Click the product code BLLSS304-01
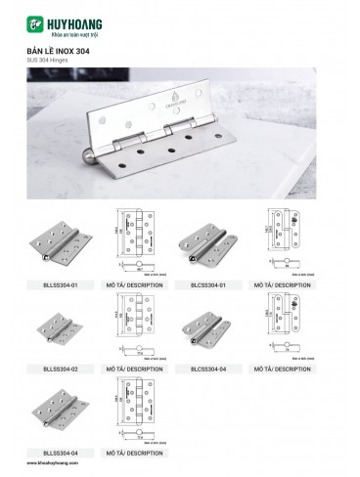[x=61, y=284]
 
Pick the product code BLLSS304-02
[x=61, y=368]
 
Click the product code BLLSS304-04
[x=61, y=453]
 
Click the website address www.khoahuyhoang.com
[x=58, y=468]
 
